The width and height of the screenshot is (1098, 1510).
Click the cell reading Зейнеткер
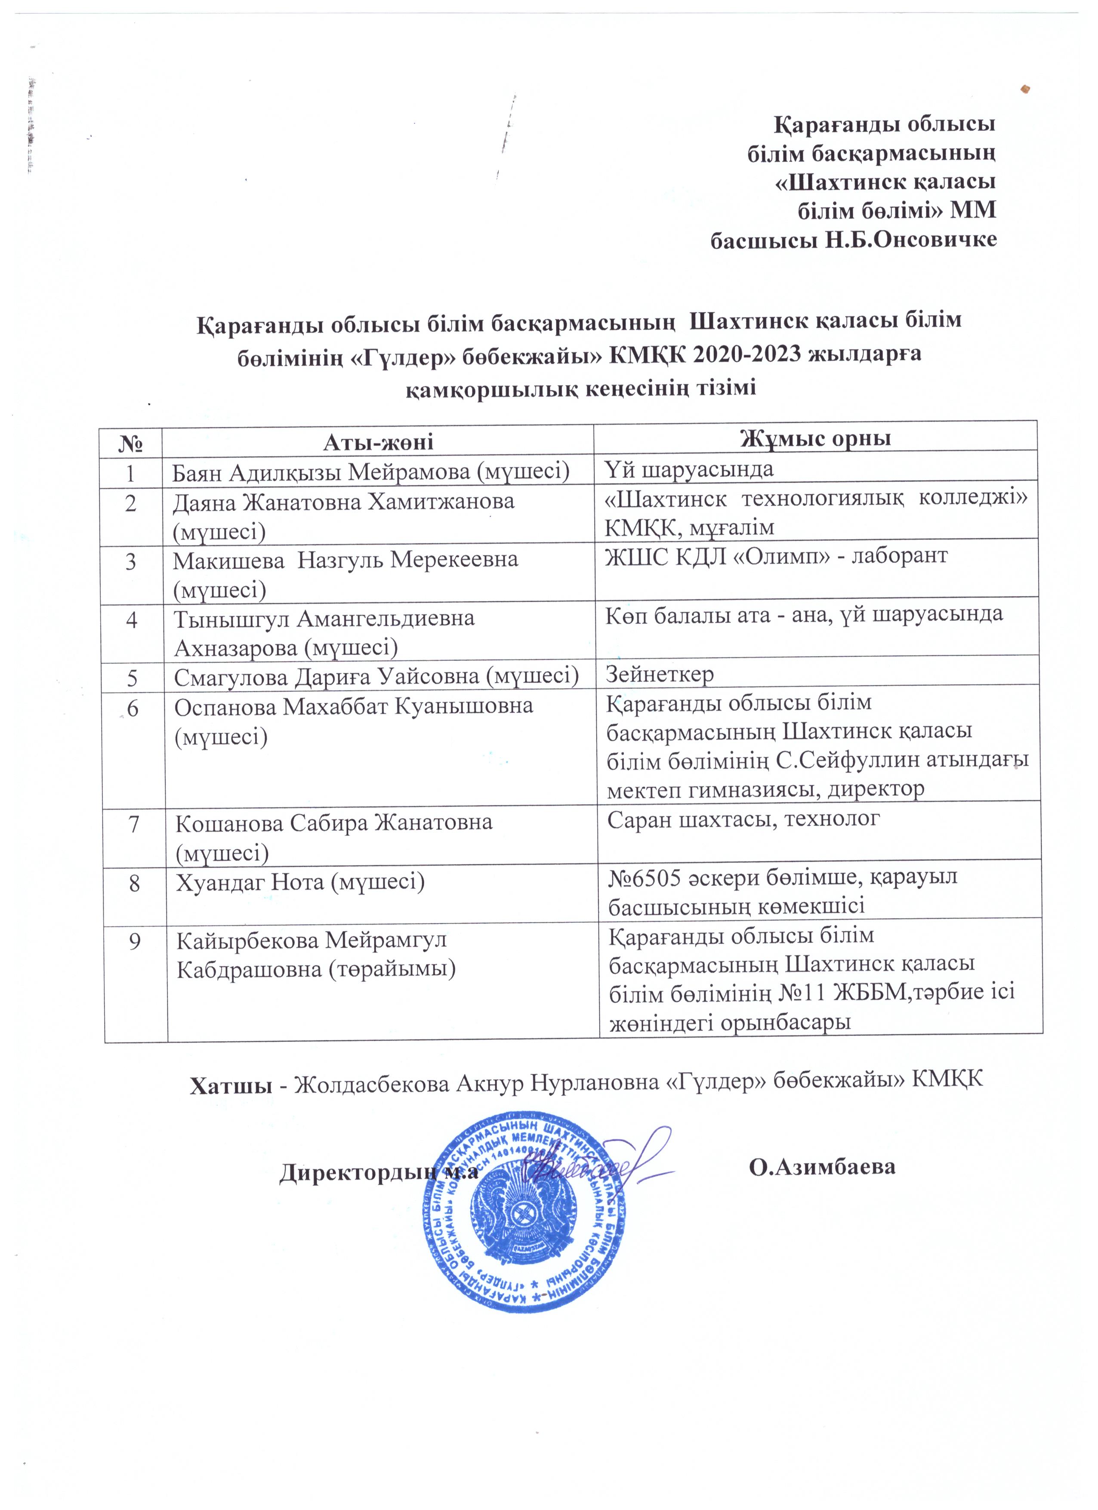(659, 675)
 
